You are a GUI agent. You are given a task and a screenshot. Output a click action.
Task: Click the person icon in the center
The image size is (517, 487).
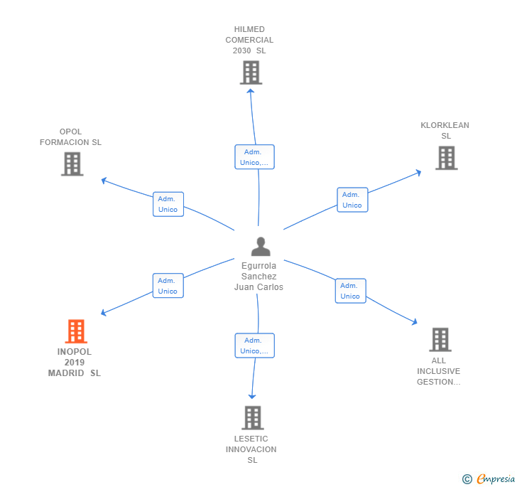[x=261, y=247]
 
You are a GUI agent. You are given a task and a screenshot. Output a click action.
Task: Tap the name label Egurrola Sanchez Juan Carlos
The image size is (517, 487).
[x=258, y=277]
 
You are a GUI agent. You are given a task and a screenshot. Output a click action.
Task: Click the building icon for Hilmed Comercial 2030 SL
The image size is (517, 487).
[x=251, y=73]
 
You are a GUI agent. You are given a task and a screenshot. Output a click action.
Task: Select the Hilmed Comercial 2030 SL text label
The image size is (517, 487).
[x=249, y=40]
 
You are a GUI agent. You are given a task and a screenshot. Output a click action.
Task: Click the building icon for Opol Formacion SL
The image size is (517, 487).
[x=72, y=164]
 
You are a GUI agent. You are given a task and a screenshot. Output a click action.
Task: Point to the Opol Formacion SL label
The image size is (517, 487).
[x=70, y=137]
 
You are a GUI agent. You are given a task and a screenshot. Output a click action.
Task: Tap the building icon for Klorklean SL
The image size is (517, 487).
[x=446, y=158]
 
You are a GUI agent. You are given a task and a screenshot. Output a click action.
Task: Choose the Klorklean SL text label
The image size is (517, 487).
[x=445, y=131]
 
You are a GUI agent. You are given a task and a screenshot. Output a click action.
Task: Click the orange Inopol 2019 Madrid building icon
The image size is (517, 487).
[x=75, y=331]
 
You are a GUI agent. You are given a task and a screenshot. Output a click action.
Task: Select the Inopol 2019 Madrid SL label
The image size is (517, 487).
[x=75, y=363]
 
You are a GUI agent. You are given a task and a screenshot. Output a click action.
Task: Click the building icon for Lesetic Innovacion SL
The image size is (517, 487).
[x=253, y=418]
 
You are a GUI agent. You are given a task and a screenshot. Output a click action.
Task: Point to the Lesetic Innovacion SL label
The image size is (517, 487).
[x=251, y=449]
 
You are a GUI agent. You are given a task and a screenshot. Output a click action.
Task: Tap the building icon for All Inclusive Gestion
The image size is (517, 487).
[x=440, y=340]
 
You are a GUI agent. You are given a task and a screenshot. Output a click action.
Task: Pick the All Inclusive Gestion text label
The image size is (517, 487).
[x=438, y=371]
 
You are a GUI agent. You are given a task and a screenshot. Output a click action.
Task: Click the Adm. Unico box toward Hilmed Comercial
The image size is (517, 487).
[x=254, y=157]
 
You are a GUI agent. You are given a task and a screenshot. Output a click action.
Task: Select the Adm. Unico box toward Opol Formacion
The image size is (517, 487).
[x=168, y=204]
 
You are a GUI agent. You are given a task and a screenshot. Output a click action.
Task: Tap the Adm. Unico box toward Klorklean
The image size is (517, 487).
[x=352, y=200]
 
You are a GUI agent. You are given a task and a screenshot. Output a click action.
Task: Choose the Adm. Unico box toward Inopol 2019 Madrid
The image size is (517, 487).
[x=168, y=286]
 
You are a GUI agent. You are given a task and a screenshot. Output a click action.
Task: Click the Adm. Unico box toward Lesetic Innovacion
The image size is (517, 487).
[x=254, y=346]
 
